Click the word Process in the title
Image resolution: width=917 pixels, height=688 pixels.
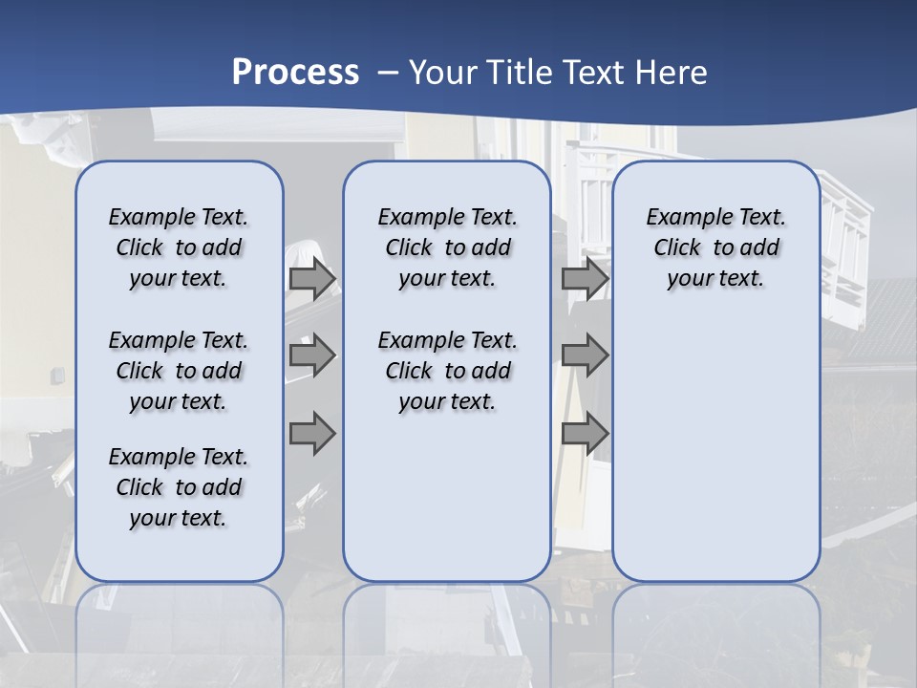click(295, 73)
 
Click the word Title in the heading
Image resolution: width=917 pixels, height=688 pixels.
click(522, 73)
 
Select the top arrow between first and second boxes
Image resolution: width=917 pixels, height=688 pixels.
click(312, 279)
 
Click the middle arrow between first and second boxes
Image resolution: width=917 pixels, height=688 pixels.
click(312, 355)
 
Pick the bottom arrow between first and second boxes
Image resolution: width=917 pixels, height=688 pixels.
click(312, 433)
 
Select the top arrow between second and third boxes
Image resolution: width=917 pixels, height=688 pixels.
click(585, 279)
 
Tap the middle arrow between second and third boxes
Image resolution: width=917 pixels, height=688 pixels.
click(585, 355)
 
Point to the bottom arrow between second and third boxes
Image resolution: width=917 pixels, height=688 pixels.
click(585, 433)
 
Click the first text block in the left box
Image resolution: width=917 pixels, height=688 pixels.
click(179, 247)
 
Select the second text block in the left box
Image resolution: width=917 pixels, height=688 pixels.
click(179, 371)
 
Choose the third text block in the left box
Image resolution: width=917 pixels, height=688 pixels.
click(179, 487)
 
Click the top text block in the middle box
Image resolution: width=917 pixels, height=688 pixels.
click(447, 247)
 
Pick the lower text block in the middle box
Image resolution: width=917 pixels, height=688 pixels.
click(447, 371)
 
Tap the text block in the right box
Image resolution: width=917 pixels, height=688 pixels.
click(715, 247)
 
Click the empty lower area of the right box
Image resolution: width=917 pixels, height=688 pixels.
click(715, 449)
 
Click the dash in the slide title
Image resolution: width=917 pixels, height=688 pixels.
click(387, 73)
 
